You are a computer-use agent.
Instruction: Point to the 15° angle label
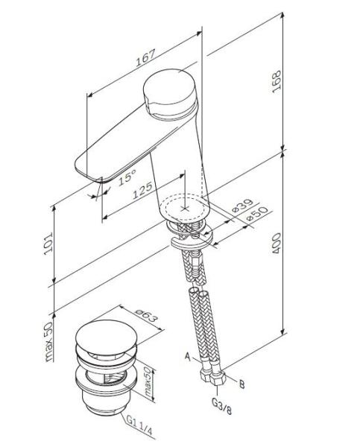126,178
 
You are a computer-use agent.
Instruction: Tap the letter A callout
188,357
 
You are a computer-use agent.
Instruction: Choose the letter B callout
241,384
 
